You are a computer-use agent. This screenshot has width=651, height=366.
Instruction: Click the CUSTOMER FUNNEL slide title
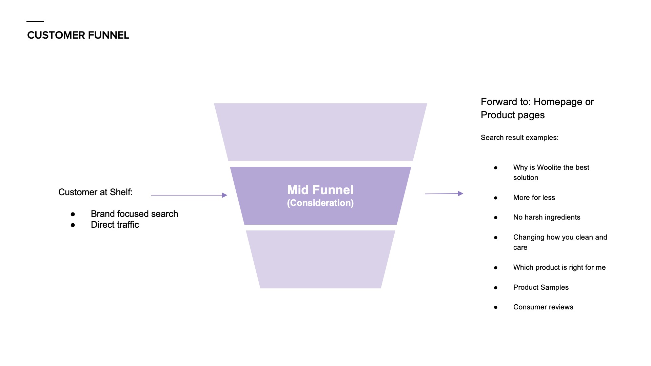[x=78, y=35]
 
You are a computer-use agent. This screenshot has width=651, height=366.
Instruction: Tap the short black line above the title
[x=35, y=21]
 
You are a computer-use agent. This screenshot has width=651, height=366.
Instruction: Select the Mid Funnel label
[x=320, y=190]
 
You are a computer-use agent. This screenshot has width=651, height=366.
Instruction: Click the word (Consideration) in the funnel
[x=320, y=203]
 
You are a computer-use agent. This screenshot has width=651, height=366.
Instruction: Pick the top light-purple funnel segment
[x=320, y=132]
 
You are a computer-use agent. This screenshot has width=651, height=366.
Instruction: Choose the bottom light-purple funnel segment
[x=320, y=259]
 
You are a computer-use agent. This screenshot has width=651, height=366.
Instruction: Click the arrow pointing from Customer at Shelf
[x=189, y=195]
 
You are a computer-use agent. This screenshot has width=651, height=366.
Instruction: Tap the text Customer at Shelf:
[x=95, y=192]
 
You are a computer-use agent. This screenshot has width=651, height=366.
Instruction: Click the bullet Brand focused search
[x=134, y=214]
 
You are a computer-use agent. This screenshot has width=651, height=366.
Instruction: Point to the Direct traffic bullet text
[x=115, y=225]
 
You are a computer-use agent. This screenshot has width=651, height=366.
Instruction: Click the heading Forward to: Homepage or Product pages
[x=537, y=108]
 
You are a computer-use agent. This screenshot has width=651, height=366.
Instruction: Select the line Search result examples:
[x=519, y=138]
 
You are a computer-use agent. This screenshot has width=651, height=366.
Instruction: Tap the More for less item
[x=534, y=198]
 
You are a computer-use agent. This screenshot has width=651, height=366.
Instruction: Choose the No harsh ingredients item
[x=547, y=217]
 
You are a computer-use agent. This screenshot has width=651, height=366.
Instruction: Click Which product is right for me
[x=559, y=267]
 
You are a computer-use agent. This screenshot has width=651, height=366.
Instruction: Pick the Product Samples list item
[x=541, y=287]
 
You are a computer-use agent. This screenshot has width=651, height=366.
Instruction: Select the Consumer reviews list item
[x=543, y=307]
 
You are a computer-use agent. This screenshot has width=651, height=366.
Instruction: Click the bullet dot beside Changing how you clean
[x=496, y=238]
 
